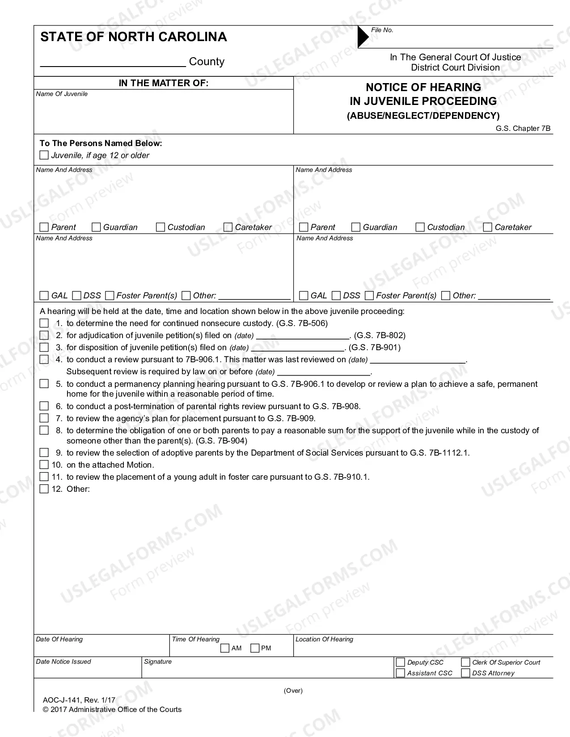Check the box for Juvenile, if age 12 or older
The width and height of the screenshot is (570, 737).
(44, 155)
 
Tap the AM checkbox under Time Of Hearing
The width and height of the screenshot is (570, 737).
(225, 648)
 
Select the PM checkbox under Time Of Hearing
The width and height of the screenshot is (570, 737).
(255, 648)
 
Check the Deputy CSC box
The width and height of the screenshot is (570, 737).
(401, 662)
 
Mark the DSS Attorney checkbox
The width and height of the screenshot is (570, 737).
(465, 673)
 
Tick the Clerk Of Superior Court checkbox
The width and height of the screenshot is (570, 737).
(465, 662)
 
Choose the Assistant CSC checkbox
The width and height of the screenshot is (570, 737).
(401, 673)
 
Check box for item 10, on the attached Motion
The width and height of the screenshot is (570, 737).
(44, 465)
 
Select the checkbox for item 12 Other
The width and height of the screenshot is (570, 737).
(44, 489)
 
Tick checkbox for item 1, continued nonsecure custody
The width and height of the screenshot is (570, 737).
(44, 323)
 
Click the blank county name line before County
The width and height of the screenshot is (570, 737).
(113, 62)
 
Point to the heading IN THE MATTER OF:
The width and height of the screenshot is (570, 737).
(163, 83)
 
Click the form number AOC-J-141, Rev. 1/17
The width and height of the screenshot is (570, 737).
(79, 700)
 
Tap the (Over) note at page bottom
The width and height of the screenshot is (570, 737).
(293, 691)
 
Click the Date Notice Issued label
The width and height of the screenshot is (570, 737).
(63, 662)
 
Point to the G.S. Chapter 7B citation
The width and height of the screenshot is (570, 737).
(523, 129)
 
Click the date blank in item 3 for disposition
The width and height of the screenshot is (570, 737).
(298, 348)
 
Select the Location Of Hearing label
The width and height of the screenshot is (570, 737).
(324, 639)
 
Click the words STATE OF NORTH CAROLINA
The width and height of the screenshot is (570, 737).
(134, 37)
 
